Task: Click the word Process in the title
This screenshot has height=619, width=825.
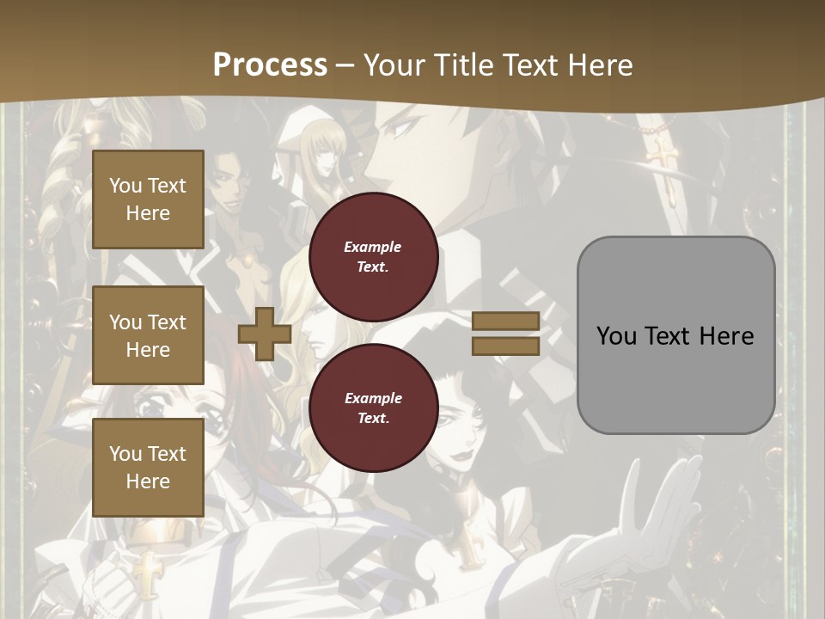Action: [270, 64]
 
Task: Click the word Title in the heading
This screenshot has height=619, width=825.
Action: [458, 65]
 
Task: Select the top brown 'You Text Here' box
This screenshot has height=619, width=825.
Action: [148, 199]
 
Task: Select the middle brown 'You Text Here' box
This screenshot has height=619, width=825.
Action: [148, 335]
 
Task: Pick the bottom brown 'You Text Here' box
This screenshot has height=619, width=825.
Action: [148, 467]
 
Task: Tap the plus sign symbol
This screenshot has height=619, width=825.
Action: [264, 334]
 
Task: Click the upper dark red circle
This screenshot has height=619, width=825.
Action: [373, 256]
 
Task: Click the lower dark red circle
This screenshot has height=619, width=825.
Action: [373, 408]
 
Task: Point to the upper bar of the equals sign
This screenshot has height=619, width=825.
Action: [506, 321]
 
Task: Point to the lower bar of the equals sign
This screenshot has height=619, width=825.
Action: [506, 346]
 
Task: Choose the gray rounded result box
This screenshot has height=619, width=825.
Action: [675, 335]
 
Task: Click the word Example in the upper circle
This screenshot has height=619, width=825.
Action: [373, 247]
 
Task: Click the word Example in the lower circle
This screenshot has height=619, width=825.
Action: [373, 398]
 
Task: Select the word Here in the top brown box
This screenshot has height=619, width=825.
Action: [148, 213]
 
